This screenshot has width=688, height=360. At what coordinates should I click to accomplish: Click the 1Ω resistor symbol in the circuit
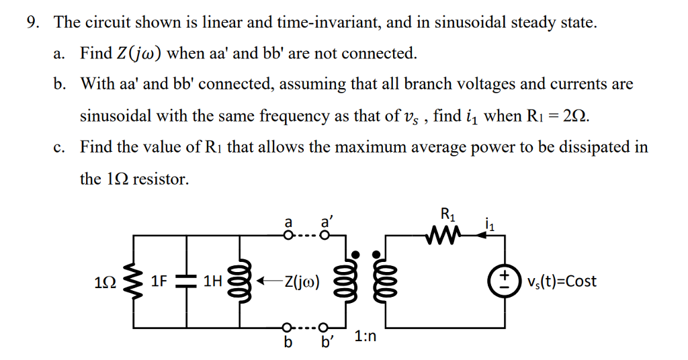[133, 281]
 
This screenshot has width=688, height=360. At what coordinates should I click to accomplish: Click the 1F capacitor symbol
[185, 281]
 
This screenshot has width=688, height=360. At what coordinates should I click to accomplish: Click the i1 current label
[490, 223]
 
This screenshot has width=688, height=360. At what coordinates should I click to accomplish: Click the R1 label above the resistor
[447, 216]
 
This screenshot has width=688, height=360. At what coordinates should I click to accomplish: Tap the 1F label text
[159, 281]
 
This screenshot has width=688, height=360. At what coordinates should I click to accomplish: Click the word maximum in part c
[331, 147]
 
